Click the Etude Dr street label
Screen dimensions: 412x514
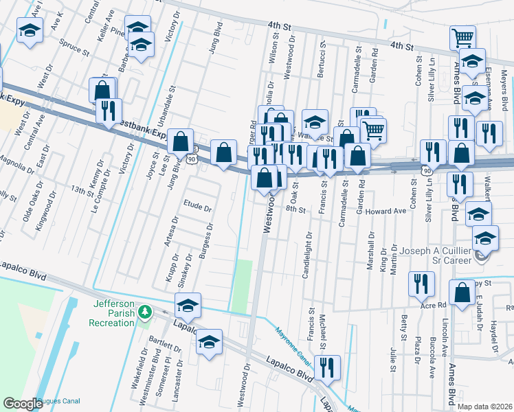pos(198,204)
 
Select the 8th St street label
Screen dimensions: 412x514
pos(295,209)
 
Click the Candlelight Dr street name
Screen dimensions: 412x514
pos(307,254)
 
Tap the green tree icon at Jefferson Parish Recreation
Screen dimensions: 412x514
pos(144,313)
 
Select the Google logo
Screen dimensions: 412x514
pos(23,404)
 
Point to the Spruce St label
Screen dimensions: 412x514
pos(75,50)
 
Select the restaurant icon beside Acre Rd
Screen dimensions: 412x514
pos(421,283)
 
